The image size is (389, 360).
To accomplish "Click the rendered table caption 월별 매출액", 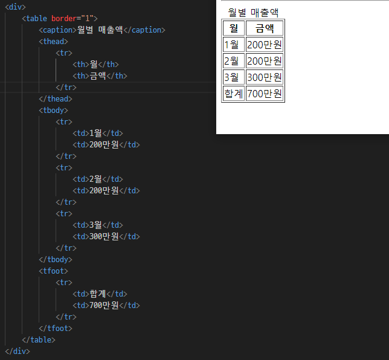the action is pos(253,12).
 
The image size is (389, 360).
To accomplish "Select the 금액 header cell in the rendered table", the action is pos(265,28).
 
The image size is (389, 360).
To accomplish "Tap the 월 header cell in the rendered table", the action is pos(234,28).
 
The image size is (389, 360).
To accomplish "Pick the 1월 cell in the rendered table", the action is pos(234,44).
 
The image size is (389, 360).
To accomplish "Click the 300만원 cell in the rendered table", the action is pos(265,77).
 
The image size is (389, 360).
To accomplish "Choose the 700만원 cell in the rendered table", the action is pos(265,94).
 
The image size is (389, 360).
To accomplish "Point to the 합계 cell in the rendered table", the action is pos(234,94).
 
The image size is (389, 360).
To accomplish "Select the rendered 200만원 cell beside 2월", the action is pos(265,61).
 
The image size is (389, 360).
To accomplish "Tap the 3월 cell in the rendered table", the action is pos(234,77).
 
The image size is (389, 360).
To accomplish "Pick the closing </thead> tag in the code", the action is pos(55,99).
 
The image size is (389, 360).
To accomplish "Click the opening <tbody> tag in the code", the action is pos(53,111).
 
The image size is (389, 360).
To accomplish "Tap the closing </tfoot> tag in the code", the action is pos(55,329).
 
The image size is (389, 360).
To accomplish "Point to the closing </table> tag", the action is pos(38,340).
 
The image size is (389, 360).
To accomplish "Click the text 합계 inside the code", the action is pos(97,294).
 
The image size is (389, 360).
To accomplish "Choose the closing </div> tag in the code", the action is pos(17,351).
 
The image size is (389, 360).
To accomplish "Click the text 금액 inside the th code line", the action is pos(97,76).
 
